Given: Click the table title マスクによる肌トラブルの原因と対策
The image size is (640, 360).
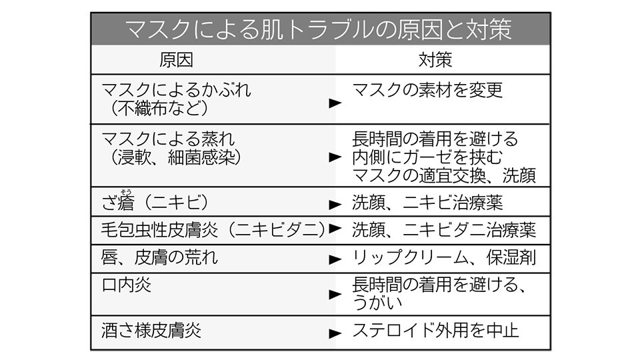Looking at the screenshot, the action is tap(319, 29).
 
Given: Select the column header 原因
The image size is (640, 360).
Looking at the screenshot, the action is tap(176, 60).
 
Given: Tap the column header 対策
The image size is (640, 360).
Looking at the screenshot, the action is tap(435, 60).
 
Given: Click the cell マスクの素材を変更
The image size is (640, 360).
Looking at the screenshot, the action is tap(427, 90).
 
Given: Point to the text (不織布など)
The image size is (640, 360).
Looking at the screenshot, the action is tap(159, 108).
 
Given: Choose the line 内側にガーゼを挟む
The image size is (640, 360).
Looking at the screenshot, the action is tap(427, 157).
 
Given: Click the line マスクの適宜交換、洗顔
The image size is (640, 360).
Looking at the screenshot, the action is tap(444, 175).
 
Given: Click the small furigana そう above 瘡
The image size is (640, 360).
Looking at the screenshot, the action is tap(126, 191).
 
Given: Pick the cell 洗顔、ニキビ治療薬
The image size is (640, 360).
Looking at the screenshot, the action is tap(427, 203).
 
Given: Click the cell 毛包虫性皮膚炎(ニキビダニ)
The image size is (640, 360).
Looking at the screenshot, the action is tap(213, 230).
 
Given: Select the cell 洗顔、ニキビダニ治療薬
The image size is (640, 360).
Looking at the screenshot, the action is tap(444, 230).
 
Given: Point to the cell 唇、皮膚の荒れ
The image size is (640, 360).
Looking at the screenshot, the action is tap(159, 257).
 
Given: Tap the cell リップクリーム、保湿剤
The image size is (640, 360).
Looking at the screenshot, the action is tap(444, 257).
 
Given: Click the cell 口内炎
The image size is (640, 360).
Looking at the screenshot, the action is tap(126, 285).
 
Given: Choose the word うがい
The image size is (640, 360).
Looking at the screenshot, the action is tap(377, 303).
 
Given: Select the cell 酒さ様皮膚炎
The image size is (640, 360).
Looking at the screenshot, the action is tap(151, 330).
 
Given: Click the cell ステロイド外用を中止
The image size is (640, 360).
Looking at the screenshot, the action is tap(435, 330).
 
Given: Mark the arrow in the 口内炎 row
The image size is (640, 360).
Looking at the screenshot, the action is tap(335, 294).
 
